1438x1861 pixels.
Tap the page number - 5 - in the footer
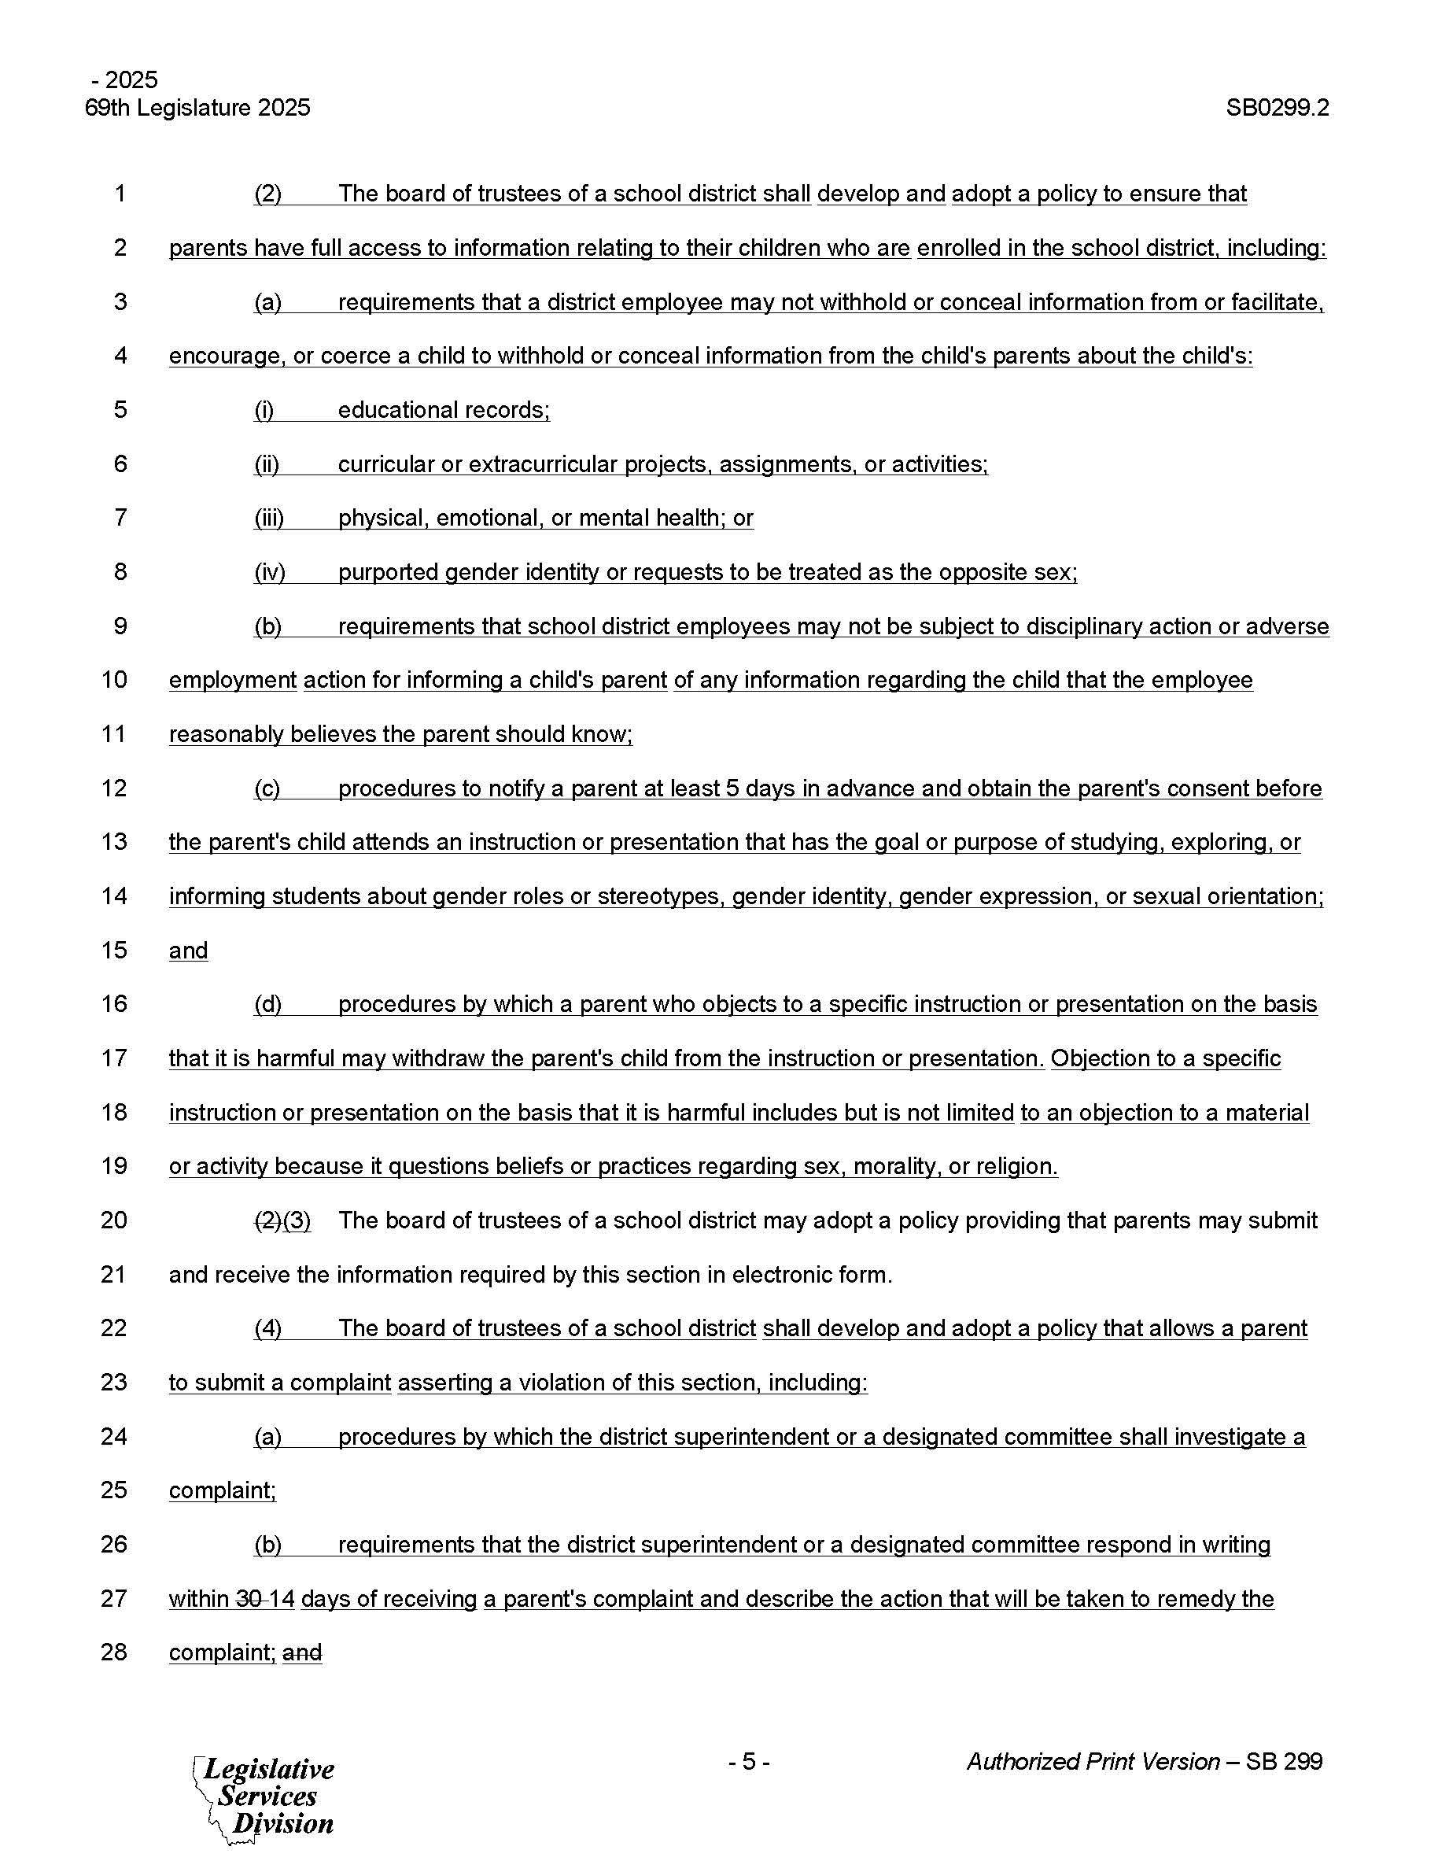(749, 1761)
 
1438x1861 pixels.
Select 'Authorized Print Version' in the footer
(1093, 1761)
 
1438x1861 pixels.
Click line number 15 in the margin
(114, 950)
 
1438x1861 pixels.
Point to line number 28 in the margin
(114, 1652)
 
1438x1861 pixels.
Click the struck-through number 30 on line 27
(249, 1598)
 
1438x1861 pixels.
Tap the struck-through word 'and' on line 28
(302, 1653)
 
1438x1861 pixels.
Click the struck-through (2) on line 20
(267, 1220)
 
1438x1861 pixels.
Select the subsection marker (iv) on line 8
(269, 572)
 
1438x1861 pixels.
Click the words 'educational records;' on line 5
(444, 410)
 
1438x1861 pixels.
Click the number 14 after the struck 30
(282, 1598)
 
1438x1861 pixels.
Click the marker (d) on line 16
(267, 1004)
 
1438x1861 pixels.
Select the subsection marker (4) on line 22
(267, 1328)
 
